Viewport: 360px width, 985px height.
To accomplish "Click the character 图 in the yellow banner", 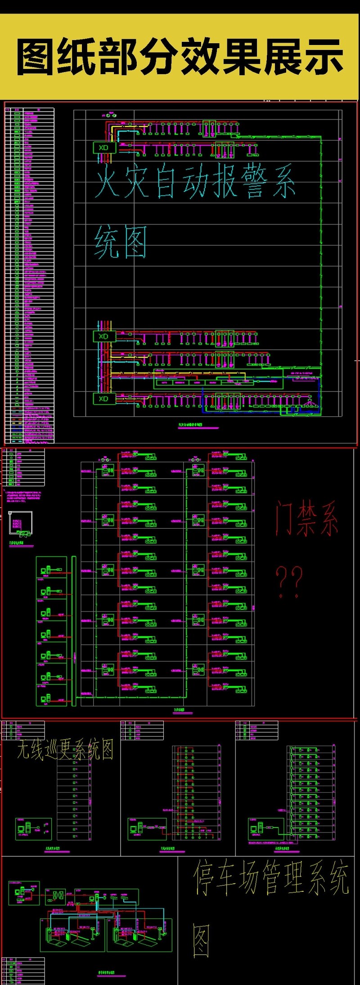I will [x=37, y=57].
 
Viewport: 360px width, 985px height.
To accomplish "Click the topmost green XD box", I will [x=104, y=148].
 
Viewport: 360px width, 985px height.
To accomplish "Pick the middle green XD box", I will [x=104, y=336].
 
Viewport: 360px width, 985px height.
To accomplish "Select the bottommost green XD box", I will [x=104, y=399].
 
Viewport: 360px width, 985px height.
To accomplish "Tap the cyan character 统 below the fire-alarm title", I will [x=106, y=242].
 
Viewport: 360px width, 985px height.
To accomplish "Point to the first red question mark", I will [x=282, y=581].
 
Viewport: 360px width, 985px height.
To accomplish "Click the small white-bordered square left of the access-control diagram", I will [x=20, y=523].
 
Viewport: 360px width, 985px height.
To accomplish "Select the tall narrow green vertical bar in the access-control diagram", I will [x=74, y=631].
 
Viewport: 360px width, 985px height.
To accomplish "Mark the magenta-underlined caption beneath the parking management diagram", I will [x=106, y=972].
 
